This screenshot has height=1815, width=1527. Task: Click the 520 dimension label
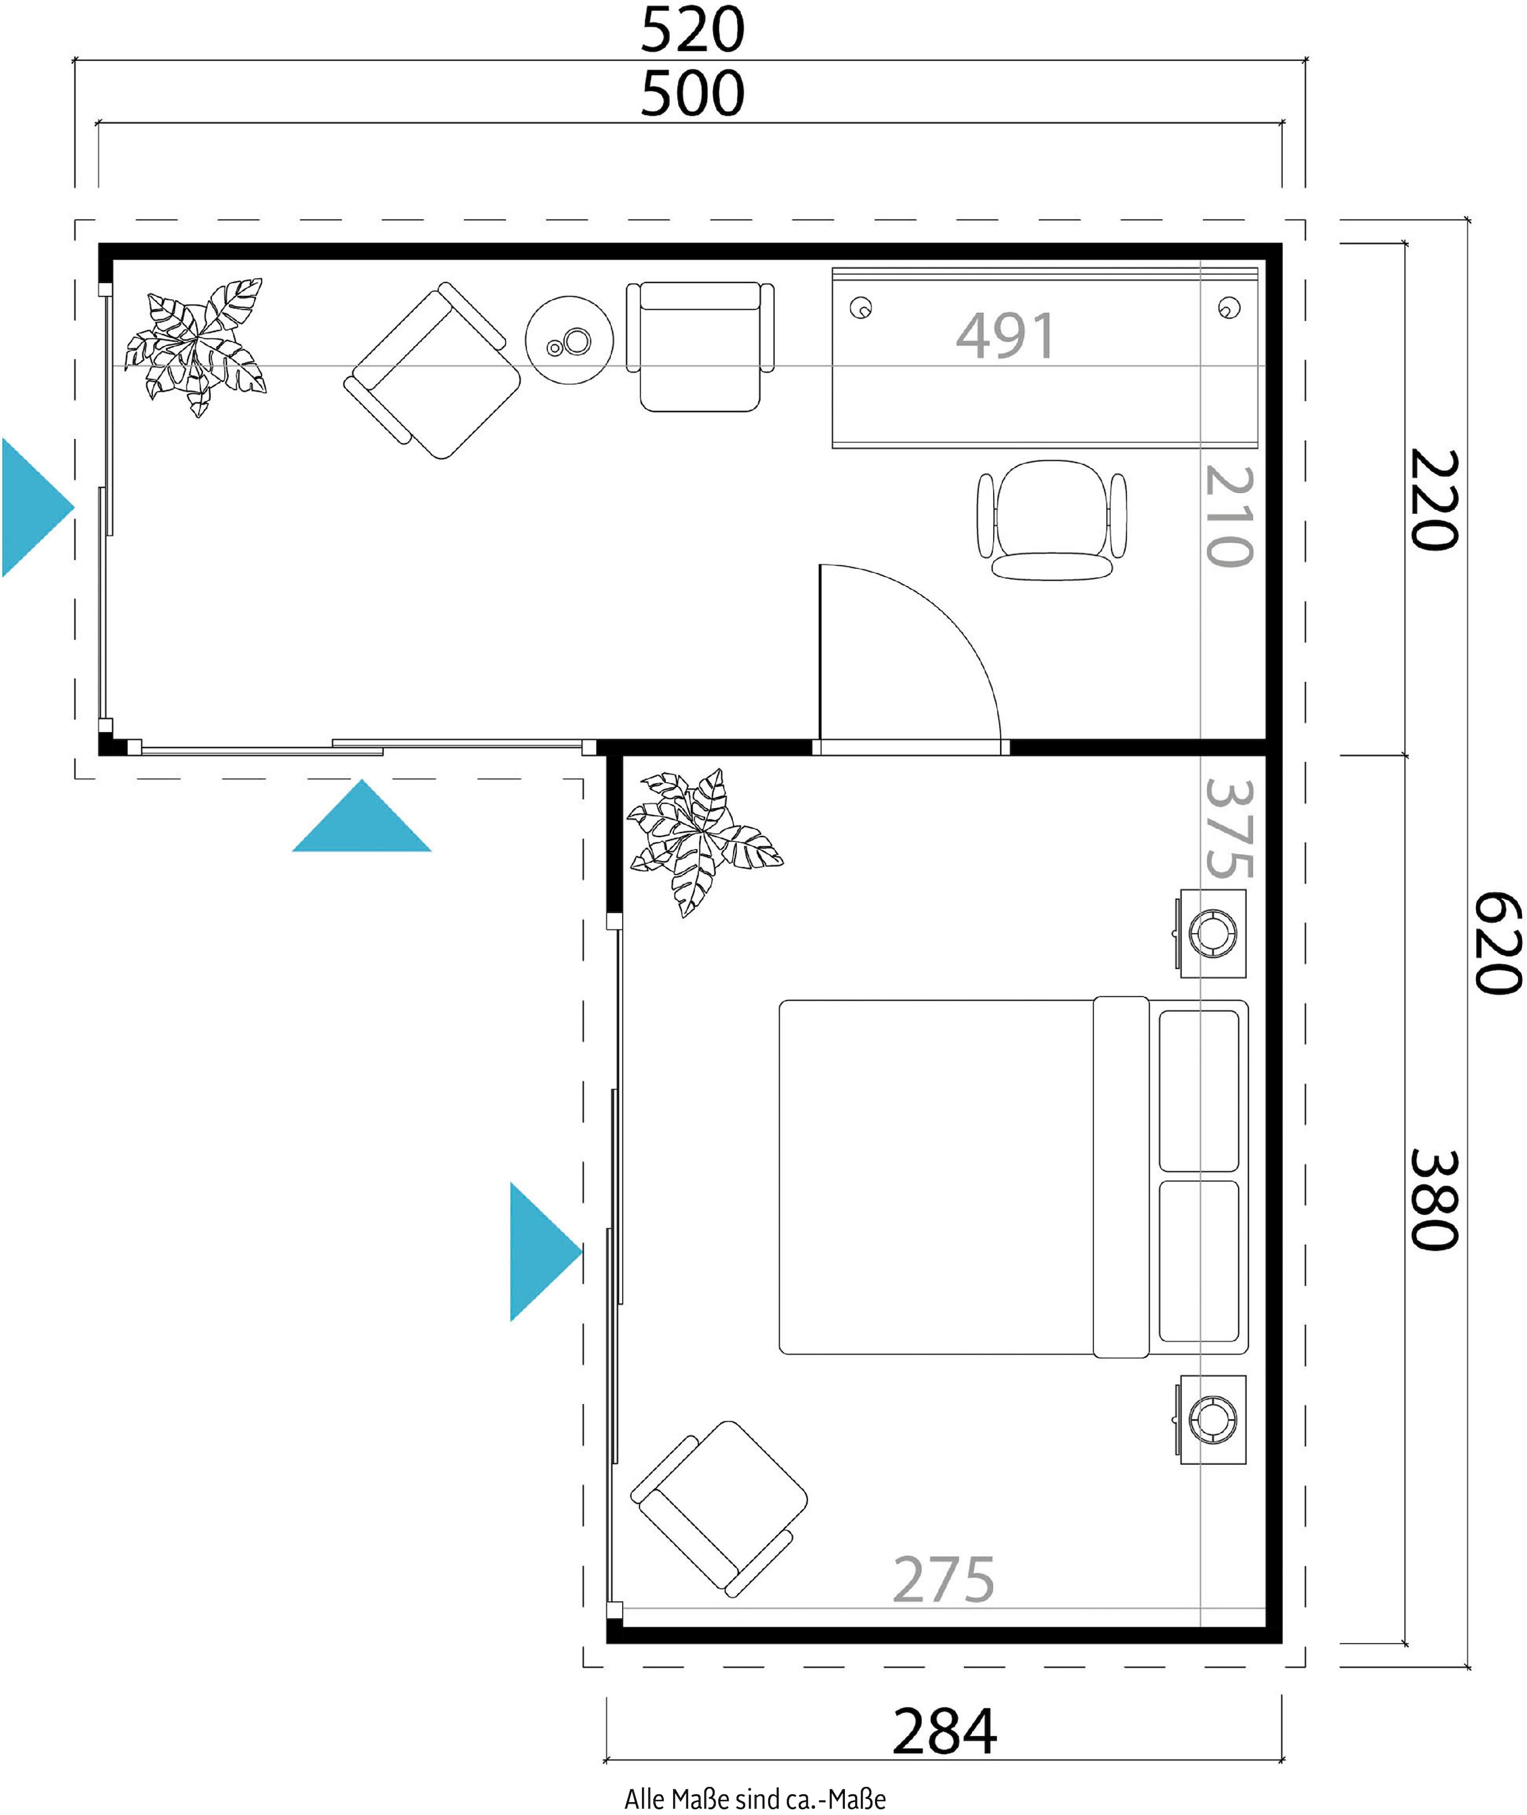[692, 29]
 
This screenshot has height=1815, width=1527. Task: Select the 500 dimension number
[692, 94]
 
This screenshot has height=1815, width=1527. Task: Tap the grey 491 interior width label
[1005, 335]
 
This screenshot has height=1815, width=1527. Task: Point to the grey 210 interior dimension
[1229, 516]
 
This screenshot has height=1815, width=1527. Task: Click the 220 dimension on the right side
[1434, 499]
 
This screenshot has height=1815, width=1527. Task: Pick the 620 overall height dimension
[1498, 943]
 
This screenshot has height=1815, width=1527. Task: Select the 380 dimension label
[1434, 1200]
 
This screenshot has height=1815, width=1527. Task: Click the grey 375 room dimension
[1229, 828]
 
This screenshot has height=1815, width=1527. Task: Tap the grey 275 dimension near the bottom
[944, 1580]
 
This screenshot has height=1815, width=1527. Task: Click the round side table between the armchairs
[569, 340]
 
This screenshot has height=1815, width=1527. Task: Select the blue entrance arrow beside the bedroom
[545, 1251]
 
